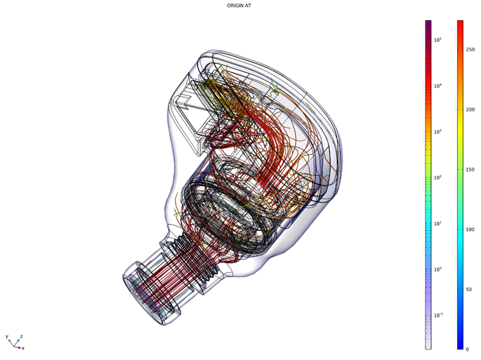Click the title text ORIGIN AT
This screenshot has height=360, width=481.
click(x=239, y=5)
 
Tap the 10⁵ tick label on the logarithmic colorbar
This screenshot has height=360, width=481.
click(x=438, y=40)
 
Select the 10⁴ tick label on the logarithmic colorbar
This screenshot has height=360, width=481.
click(x=438, y=86)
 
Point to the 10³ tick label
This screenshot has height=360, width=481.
click(x=438, y=131)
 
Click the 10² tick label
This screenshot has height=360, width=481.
click(x=438, y=178)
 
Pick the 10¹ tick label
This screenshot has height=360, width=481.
click(x=438, y=223)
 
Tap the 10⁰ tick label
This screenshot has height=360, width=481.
click(x=438, y=269)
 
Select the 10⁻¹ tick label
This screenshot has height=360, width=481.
click(x=438, y=315)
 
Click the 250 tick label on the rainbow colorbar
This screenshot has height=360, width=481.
click(x=470, y=49)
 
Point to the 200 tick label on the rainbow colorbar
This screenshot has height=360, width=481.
click(x=470, y=110)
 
